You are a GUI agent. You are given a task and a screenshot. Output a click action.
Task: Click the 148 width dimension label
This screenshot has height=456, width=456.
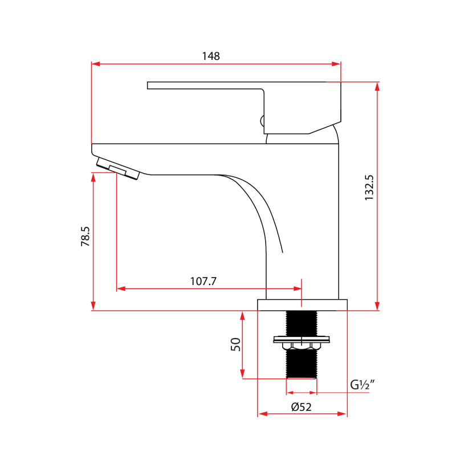[x=210, y=56]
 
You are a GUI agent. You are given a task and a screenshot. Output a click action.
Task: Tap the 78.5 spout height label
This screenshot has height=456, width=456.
[x=85, y=236]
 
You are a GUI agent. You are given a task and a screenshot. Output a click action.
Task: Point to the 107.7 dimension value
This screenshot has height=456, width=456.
[x=203, y=281]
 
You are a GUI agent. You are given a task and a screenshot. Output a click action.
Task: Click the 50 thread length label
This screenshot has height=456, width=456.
[x=235, y=344]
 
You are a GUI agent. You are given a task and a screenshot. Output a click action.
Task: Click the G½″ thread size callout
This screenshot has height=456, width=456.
[x=361, y=385]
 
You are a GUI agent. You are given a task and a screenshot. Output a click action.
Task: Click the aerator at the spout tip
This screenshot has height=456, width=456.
[x=118, y=169]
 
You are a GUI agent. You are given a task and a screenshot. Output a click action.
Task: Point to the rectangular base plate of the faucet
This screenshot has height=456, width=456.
[x=302, y=305]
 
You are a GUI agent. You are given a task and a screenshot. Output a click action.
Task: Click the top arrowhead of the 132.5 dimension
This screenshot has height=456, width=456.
[x=377, y=86]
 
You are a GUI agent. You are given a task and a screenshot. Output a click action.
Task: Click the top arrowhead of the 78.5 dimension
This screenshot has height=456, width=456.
[x=93, y=176]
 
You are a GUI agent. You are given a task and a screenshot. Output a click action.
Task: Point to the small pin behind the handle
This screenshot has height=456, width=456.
[x=262, y=121]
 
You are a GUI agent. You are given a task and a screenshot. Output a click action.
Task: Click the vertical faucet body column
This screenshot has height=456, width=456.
[x=302, y=228]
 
